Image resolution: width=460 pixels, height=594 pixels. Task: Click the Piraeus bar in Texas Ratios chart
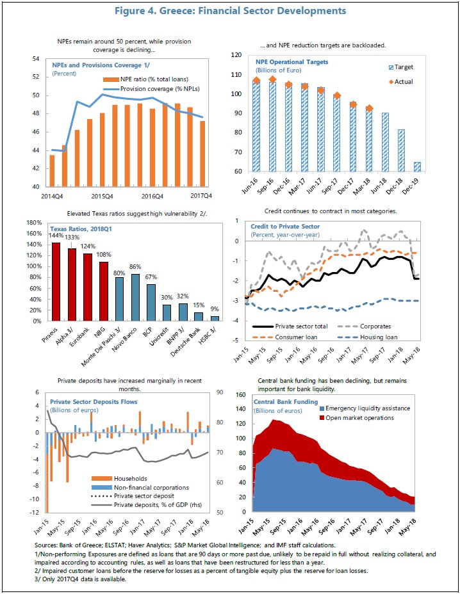tap(56, 282)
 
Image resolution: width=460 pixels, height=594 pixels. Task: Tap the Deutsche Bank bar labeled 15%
tap(199, 317)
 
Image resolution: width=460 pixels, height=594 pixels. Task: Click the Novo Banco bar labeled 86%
tap(136, 298)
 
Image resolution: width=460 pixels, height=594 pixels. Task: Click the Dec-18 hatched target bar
tap(401, 150)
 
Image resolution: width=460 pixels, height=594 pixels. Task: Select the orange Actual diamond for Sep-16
tap(272, 79)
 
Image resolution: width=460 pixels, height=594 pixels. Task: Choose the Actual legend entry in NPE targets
tap(401, 81)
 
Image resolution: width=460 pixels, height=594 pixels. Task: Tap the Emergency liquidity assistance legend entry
tap(365, 408)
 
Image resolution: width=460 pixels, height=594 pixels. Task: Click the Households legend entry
tap(119, 478)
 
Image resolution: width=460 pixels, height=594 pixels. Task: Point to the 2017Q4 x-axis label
tap(201, 196)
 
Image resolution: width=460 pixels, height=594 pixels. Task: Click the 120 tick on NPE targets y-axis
tap(236, 55)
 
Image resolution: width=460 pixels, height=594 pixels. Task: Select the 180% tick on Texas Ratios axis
tap(34, 222)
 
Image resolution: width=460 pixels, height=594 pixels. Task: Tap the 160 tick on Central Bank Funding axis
tap(240, 395)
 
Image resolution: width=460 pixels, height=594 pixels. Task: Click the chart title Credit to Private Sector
tap(285, 227)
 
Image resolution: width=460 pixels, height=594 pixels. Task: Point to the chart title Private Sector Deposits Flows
tap(94, 401)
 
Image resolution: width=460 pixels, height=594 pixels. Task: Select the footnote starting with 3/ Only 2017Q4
tap(80, 579)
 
